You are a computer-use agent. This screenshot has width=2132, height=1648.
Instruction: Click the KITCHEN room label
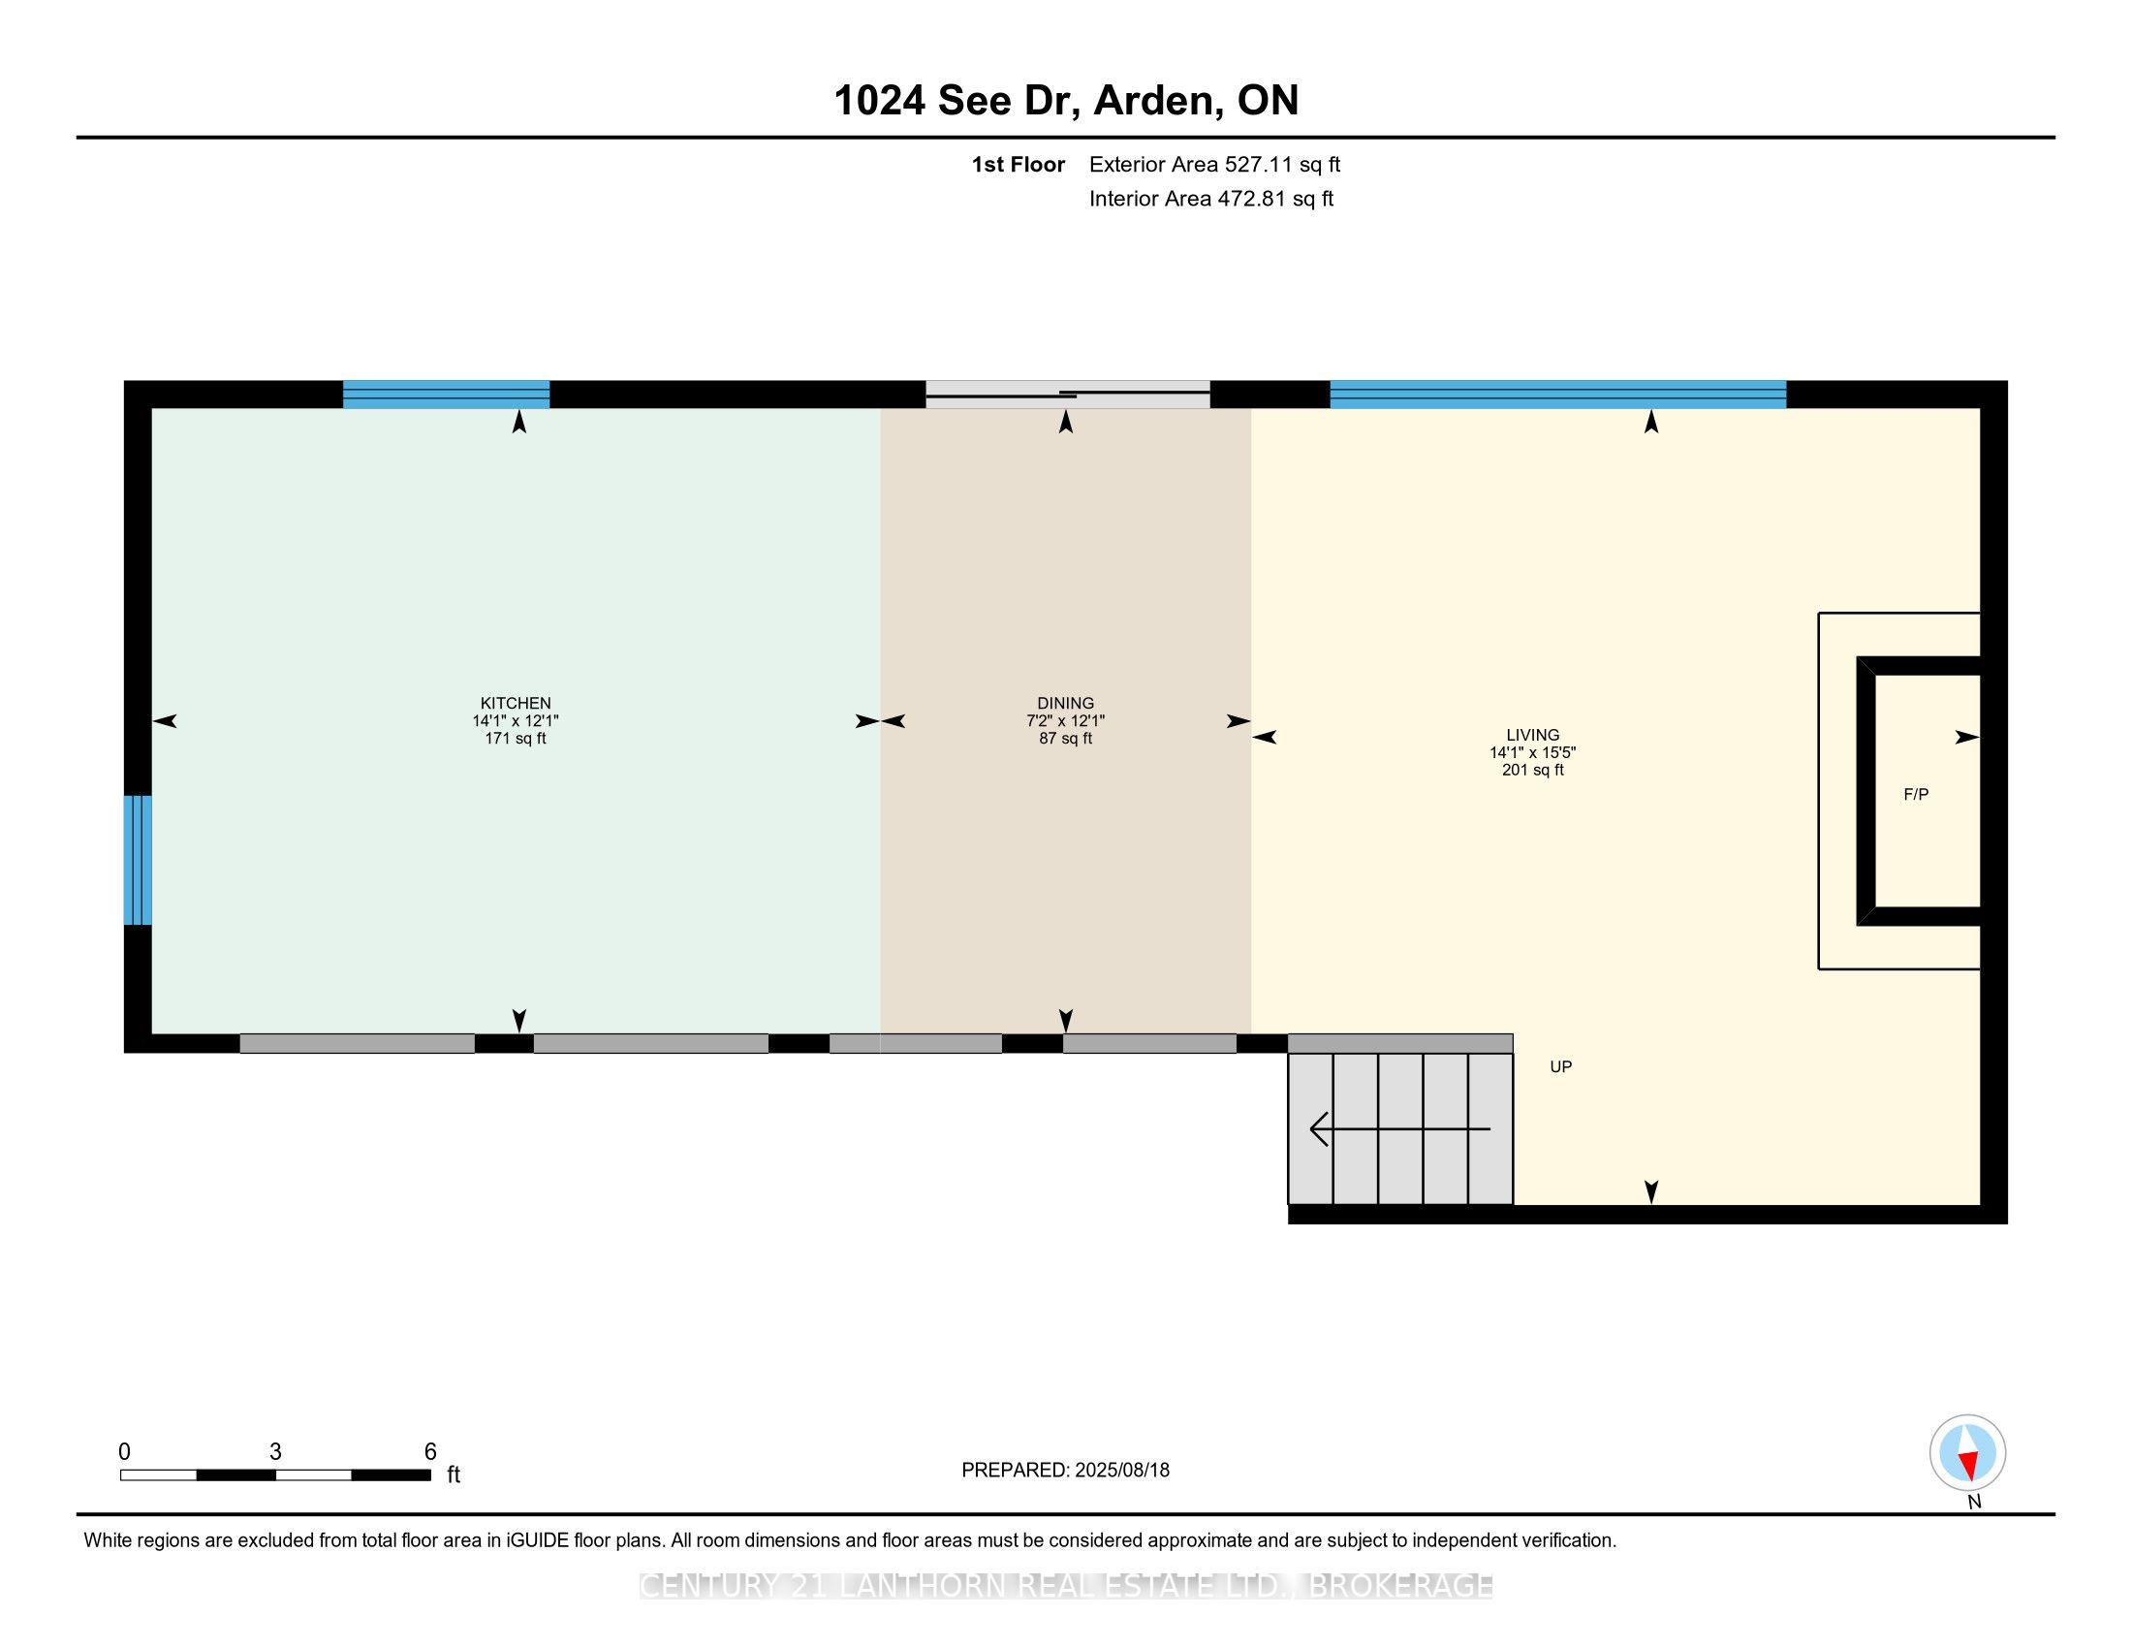click(x=516, y=703)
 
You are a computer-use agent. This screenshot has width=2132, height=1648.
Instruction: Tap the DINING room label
click(x=1065, y=703)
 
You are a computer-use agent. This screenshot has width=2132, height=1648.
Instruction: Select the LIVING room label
click(x=1533, y=735)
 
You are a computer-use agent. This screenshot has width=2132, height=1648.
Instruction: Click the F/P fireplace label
click(x=1916, y=795)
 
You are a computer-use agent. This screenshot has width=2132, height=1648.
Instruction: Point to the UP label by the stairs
click(x=1561, y=1067)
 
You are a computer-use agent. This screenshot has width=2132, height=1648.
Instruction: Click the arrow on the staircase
click(x=1400, y=1128)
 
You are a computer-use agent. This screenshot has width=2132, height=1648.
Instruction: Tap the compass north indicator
click(x=1968, y=1453)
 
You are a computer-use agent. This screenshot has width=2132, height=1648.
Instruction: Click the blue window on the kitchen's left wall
click(x=138, y=860)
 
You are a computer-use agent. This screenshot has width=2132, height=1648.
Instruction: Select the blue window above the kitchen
click(x=446, y=395)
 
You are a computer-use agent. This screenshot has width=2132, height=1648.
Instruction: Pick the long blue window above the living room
click(x=1558, y=395)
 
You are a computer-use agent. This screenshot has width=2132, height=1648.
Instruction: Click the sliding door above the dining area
click(x=1068, y=395)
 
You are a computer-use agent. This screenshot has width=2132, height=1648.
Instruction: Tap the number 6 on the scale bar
click(x=430, y=1452)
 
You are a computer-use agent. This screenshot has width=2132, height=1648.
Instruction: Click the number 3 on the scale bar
click(x=275, y=1452)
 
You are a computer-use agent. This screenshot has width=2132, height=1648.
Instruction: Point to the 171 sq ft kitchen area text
click(x=516, y=739)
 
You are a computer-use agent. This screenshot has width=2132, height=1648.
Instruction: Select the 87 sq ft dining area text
click(x=1065, y=739)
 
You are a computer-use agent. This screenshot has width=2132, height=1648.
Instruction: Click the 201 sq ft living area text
click(x=1533, y=771)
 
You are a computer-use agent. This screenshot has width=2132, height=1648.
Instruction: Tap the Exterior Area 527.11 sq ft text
click(x=1214, y=165)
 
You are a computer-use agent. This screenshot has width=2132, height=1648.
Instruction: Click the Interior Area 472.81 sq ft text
click(x=1211, y=199)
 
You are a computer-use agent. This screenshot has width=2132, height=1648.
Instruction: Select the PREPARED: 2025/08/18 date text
click(x=1065, y=1471)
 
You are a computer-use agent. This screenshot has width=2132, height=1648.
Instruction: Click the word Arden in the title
click(x=1154, y=101)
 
